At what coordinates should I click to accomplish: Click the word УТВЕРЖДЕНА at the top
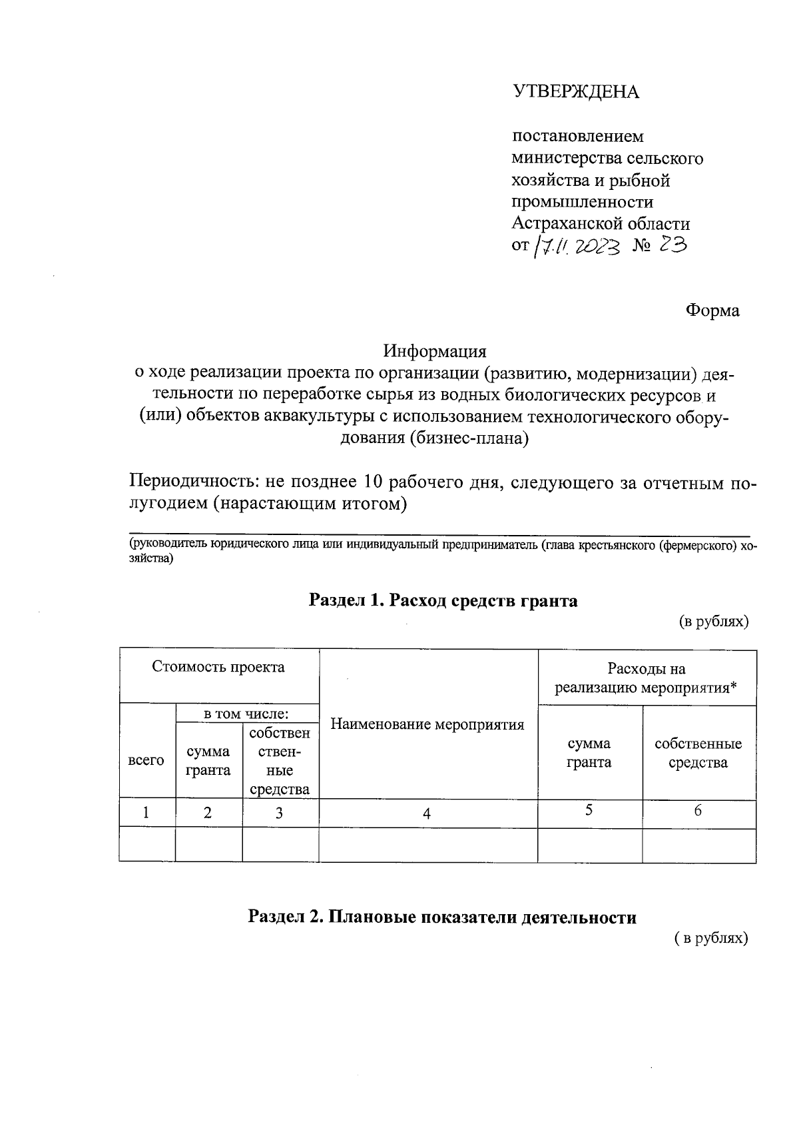tap(575, 92)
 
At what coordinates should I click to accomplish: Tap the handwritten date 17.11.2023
tap(577, 247)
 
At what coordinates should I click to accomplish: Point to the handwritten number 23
tap(672, 246)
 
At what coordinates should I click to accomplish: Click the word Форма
tap(712, 310)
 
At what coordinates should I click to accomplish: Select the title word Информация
tap(434, 351)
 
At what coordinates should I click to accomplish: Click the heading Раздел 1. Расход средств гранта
tap(443, 601)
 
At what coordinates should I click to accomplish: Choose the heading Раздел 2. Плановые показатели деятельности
tap(442, 917)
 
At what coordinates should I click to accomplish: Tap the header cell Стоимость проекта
tap(218, 667)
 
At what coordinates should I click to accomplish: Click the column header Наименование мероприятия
tap(427, 724)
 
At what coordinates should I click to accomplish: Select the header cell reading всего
tap(146, 760)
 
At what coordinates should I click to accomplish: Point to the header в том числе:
tap(246, 714)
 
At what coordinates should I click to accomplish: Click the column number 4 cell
tap(427, 814)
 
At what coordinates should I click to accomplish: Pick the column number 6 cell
tap(698, 811)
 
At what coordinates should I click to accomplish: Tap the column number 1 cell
tap(146, 813)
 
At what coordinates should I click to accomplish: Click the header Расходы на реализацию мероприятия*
tap(646, 678)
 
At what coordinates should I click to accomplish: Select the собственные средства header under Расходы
tap(698, 753)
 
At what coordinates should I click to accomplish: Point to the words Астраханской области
tap(601, 224)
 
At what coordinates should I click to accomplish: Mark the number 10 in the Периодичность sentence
tap(373, 482)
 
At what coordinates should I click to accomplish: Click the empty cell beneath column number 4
tap(427, 845)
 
